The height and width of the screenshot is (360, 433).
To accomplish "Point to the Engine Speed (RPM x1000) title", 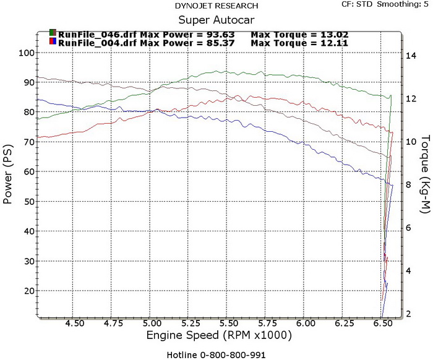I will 219,335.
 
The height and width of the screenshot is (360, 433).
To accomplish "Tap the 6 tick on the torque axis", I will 408,228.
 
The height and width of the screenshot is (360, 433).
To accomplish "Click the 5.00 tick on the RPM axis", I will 152,324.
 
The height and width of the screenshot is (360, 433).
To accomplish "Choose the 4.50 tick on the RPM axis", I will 75,324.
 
